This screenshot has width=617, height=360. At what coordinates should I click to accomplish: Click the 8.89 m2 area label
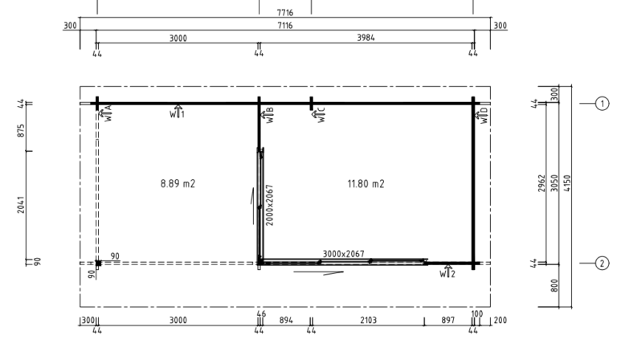pos(178,184)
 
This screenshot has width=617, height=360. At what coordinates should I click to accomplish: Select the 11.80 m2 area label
pos(366,184)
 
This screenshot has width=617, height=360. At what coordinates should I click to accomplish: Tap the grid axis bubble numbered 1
pos(602,104)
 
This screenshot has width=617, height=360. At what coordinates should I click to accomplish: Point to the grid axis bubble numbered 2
pos(602,264)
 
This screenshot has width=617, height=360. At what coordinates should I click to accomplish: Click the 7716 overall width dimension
pos(285,13)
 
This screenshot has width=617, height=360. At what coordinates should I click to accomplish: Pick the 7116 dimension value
pos(285,26)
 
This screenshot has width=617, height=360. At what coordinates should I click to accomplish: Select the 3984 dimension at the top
pos(366,38)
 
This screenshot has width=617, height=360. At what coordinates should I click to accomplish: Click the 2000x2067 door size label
pos(270,205)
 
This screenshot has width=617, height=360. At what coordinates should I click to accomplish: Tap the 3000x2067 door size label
pos(344,254)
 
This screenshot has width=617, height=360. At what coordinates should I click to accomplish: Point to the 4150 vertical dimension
pos(567,183)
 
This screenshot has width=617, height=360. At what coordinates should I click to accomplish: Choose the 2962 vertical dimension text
pos(541,183)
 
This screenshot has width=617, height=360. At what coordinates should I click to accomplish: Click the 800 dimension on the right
pos(554,285)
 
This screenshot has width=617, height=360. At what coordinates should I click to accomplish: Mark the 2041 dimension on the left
pos(21,205)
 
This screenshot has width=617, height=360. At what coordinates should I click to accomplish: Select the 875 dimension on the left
pos(21,131)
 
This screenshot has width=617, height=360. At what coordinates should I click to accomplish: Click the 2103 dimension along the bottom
pos(368,321)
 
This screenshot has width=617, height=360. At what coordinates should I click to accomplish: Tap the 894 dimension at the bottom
pos(286,321)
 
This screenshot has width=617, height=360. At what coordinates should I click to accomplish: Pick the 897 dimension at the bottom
pos(447,321)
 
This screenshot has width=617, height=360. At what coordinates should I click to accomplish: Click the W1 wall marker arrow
pos(178,112)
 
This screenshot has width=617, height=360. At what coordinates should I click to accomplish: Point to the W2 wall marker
pos(447,272)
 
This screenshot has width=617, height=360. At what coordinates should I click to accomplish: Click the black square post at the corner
pos(98,264)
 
